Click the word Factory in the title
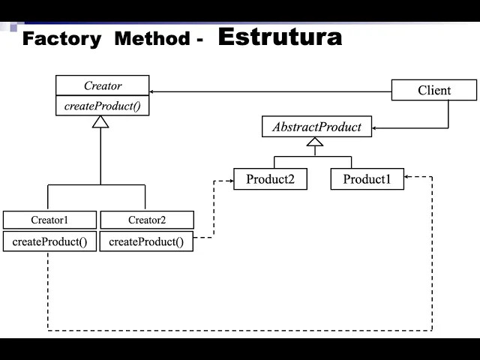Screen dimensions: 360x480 [x=61, y=39]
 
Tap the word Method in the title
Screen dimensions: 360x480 [x=151, y=39]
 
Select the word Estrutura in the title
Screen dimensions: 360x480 [x=280, y=37]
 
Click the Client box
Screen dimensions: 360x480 [x=434, y=91]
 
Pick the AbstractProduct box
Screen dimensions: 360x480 [x=316, y=127]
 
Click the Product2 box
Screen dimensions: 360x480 [x=270, y=179]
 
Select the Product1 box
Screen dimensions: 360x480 [x=367, y=179]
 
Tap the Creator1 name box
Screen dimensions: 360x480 [x=49, y=220]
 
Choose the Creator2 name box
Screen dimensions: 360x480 [x=147, y=220]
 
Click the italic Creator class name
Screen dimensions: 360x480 [x=103, y=85]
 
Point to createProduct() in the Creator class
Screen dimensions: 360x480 [x=103, y=106]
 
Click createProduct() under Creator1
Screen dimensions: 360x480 [x=49, y=241]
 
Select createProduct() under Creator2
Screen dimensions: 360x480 [x=146, y=241]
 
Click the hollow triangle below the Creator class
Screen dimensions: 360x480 [x=100, y=121]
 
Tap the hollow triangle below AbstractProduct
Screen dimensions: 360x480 [x=315, y=141]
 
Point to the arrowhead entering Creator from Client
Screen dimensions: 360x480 [x=154, y=91]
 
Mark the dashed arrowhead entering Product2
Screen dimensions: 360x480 [x=229, y=180]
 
